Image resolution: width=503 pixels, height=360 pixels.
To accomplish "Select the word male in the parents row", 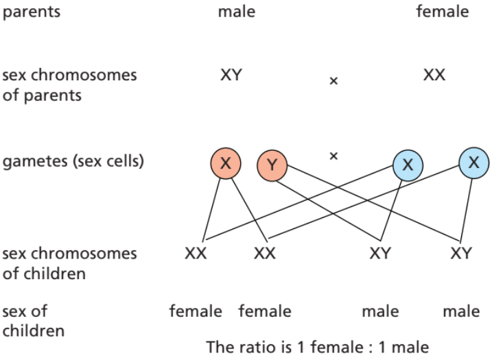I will point(236,12).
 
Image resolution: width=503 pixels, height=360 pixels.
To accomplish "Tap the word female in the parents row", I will point(442,12).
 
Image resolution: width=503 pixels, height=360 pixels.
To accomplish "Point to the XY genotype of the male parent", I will point(231,75).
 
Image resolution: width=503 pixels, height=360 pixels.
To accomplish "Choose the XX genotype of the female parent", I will point(434,75).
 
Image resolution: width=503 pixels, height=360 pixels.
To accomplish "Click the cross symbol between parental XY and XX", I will point(334,81).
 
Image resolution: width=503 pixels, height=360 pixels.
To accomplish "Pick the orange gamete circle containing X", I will point(226,164).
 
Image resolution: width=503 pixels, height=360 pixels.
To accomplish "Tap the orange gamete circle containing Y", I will point(272,165).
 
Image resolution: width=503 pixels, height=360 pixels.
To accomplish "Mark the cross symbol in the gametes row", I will point(334,156).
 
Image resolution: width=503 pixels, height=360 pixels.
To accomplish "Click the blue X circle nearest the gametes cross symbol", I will point(408,165).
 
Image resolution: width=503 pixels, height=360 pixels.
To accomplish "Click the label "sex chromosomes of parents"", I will point(69,84).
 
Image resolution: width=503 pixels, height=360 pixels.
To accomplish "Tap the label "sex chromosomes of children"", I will point(69,263).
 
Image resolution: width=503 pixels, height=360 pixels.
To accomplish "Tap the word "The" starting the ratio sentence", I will point(218,347).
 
